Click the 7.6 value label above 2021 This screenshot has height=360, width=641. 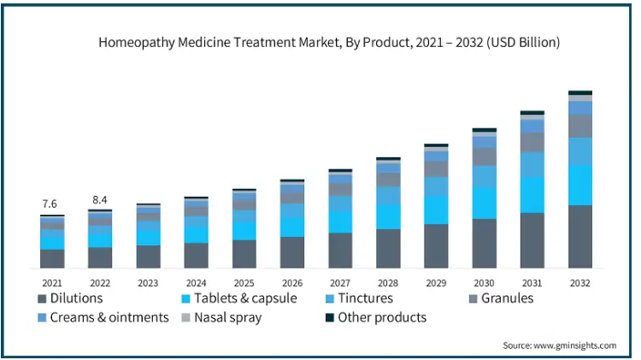point(50,204)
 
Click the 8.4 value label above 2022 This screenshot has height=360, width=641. point(100,199)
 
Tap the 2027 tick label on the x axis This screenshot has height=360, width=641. point(340,283)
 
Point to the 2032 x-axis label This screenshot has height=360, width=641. point(580,283)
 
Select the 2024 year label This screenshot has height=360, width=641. point(197,283)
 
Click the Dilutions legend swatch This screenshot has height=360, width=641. point(42,298)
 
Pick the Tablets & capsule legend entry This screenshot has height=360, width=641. point(239,298)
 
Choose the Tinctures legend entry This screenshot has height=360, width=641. point(359,298)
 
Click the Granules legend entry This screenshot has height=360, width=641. point(501,298)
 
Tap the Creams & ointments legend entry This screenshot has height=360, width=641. point(103,317)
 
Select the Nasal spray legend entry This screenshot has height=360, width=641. point(221,318)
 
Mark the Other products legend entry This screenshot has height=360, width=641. point(376,317)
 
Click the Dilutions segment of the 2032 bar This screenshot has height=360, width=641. point(580,237)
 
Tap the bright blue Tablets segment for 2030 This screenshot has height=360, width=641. point(485,203)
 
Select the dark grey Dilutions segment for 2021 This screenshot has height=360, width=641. point(52,258)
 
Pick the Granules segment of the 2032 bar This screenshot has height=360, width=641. point(580,127)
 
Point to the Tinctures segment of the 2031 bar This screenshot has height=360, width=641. point(532,164)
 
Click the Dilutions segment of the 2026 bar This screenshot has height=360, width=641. point(292,252)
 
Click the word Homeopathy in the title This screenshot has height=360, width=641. point(137,43)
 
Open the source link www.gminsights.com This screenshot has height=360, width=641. point(575,345)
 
